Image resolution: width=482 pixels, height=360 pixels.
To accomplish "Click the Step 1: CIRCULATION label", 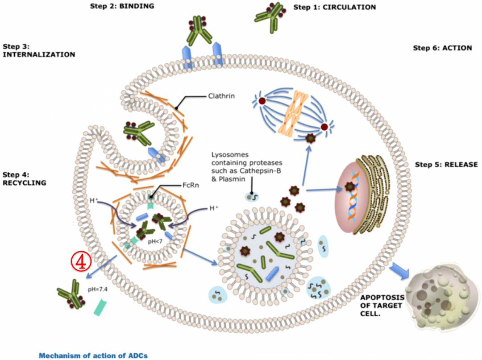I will tap(334, 7).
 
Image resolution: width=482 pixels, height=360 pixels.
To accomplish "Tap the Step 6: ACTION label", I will tap(442, 48).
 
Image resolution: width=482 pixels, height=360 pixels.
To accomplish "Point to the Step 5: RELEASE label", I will tap(446, 165).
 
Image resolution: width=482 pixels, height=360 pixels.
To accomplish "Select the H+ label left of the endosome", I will tap(93, 200).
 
